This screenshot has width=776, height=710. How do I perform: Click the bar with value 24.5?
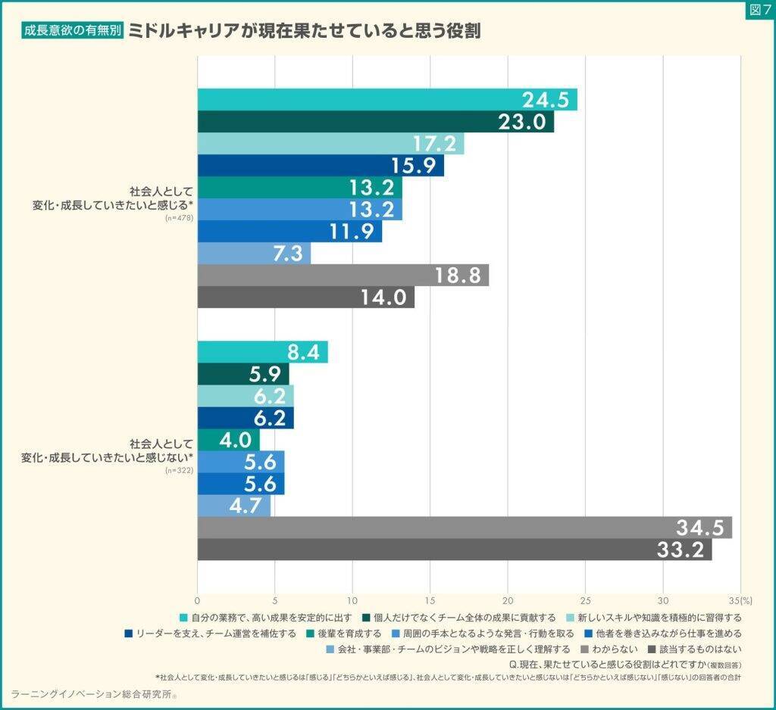[386, 100]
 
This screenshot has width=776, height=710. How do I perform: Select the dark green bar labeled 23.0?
[375, 122]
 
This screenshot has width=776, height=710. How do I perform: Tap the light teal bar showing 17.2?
[330, 144]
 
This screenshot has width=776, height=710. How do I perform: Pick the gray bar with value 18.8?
[343, 276]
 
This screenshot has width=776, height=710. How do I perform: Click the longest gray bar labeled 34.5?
[464, 528]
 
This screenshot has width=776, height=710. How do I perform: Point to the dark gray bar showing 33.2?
[454, 550]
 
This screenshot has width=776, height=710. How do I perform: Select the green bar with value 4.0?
[228, 440]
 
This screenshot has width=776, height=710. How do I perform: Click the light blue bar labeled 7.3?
[254, 254]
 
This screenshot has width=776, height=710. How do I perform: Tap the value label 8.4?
[306, 353]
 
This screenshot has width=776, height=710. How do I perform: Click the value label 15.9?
[413, 166]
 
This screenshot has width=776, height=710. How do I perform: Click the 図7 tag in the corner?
[759, 11]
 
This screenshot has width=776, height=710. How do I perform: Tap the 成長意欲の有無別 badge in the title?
[73, 33]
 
